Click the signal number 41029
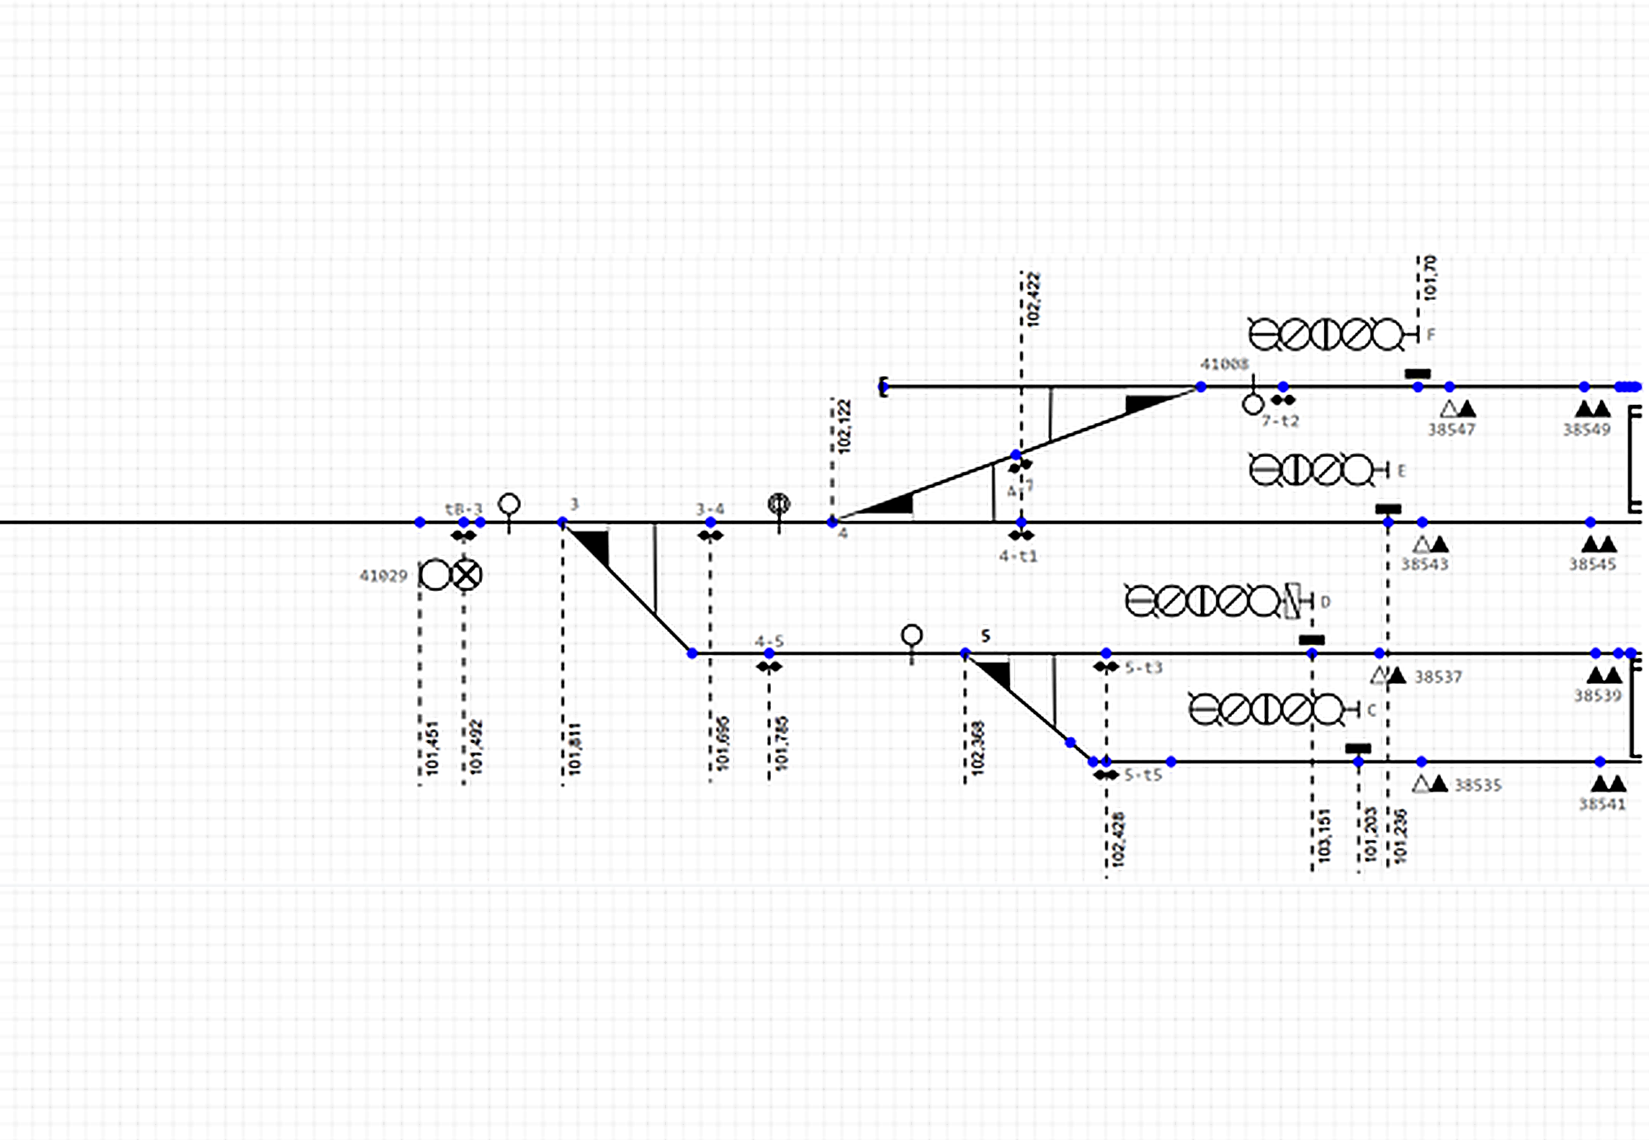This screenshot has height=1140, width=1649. [383, 576]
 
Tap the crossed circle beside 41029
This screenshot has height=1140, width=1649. [467, 574]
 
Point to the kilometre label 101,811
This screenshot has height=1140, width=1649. [575, 749]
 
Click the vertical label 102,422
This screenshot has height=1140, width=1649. [1033, 300]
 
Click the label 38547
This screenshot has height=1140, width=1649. [1451, 429]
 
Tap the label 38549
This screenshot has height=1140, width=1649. [1586, 429]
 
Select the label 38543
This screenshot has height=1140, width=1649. [1424, 564]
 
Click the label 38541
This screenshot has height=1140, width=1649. [1602, 804]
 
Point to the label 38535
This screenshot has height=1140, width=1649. [1478, 786]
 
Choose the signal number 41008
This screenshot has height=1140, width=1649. [1224, 364]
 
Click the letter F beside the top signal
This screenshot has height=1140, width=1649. [1431, 334]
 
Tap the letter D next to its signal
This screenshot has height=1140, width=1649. [1326, 602]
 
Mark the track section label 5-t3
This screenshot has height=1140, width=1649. [1143, 668]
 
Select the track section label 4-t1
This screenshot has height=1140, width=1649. [1018, 555]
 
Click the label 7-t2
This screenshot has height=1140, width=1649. [1280, 421]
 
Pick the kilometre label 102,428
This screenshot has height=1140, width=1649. [1117, 839]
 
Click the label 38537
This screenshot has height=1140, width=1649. [1438, 676]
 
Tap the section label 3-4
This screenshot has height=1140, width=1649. [710, 509]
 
